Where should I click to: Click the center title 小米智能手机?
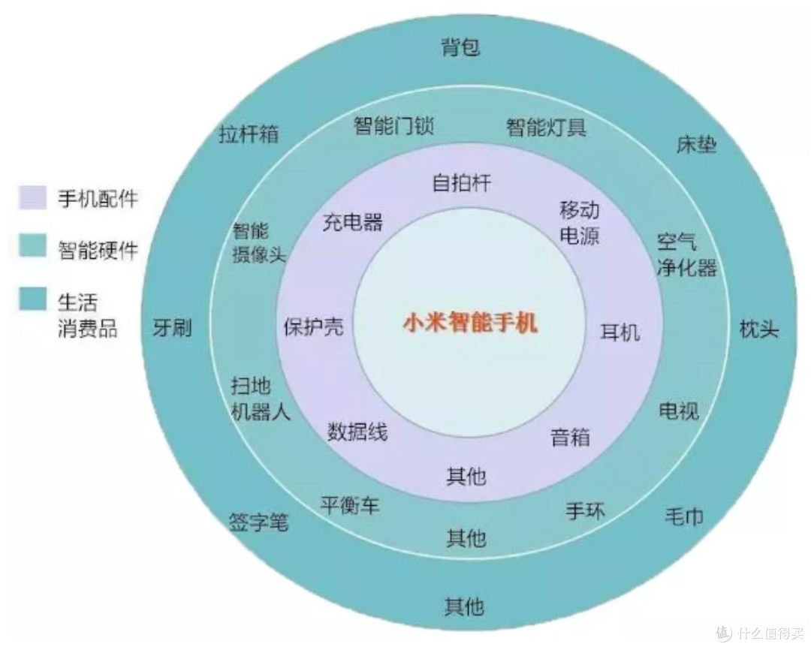470,323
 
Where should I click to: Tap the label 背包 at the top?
461,47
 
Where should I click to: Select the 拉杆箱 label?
249,134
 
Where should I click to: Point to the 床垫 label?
696,144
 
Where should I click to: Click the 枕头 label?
758,328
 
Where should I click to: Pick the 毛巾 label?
684,516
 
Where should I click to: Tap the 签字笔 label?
258,522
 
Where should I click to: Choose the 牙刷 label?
172,327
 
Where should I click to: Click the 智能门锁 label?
393,125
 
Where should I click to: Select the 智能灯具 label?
546,127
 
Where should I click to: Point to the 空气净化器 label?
687,255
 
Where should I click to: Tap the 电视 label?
679,411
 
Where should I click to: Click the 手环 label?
585,511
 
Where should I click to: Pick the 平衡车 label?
350,505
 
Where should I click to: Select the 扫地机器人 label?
260,399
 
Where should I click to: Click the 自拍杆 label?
461,183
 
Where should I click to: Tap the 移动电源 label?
579,223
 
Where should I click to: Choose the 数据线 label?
357,432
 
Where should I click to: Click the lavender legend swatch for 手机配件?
32,198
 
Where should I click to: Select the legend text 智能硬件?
98,250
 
